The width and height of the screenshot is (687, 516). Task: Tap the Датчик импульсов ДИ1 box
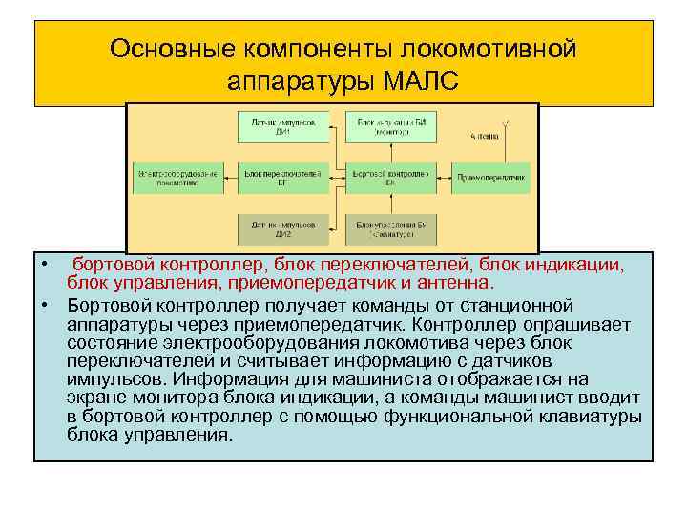click(x=283, y=127)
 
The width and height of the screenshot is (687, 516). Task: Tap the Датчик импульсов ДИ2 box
click(x=283, y=227)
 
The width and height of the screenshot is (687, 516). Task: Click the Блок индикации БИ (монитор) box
click(x=386, y=127)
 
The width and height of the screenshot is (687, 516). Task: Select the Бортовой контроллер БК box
click(x=386, y=177)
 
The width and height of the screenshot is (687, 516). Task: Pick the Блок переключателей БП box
click(x=283, y=177)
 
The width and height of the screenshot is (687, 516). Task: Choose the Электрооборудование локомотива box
click(x=178, y=177)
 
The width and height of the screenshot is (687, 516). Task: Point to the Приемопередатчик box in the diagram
click(x=491, y=177)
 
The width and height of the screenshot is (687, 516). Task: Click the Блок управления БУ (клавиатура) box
click(x=386, y=227)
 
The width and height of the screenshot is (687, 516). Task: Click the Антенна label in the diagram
click(x=484, y=137)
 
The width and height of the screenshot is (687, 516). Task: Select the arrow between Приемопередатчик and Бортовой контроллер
click(x=438, y=177)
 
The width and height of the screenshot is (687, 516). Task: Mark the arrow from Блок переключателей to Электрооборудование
click(x=231, y=177)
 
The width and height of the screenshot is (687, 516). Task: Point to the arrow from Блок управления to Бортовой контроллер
click(x=386, y=203)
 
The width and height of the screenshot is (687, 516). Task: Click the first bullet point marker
click(x=43, y=264)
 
